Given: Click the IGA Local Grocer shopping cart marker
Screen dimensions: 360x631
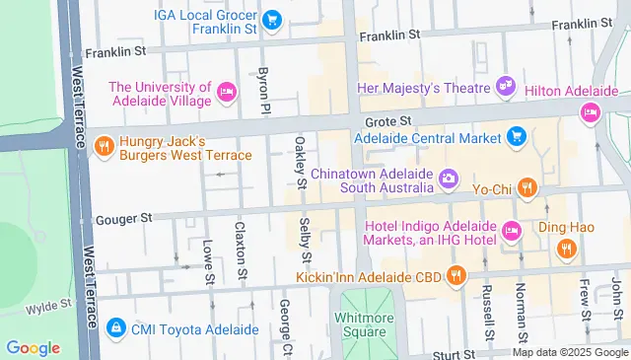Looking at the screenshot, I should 273,19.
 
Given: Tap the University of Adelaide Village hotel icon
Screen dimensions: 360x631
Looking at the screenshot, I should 227,94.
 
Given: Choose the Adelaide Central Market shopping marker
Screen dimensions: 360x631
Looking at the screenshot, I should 516,138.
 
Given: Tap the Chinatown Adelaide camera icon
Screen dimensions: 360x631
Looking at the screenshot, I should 449,179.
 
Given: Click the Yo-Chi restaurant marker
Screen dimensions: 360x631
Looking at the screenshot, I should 527,186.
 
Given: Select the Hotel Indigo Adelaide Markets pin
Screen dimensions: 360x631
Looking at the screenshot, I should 511,232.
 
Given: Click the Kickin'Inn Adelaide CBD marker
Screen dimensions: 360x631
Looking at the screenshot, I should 455,273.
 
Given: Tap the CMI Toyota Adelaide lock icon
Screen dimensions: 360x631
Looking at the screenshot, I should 115,326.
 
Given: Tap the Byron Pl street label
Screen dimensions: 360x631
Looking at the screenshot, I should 263,89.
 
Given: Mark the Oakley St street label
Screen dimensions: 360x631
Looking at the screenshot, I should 300,162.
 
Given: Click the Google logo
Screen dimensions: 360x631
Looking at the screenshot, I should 33,347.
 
